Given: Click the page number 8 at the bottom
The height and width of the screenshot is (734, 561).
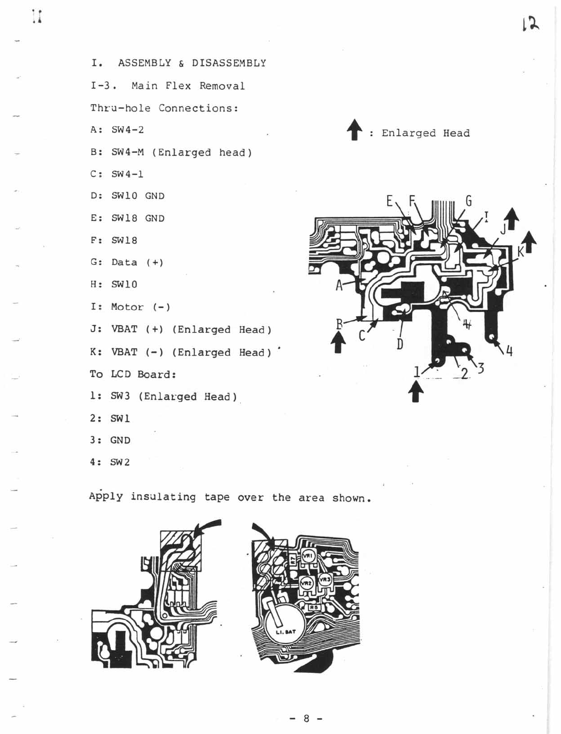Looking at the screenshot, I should point(306,719).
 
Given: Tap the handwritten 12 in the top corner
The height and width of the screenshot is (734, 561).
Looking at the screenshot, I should point(530,24).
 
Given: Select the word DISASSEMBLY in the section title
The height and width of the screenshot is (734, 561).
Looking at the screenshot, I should point(229,63).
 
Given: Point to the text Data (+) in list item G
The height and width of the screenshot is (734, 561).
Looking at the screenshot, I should point(137,262).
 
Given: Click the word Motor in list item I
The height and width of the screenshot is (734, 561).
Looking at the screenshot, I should point(127,307).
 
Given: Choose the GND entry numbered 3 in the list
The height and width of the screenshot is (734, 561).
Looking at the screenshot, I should point(120,440).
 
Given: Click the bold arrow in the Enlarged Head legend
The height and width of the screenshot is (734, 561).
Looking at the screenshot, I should point(355,130).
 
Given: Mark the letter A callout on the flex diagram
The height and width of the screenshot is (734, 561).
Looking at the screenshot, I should point(339,285).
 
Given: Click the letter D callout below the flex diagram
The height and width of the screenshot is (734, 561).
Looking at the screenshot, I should point(400,345).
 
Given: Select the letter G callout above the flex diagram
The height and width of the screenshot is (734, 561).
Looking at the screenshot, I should point(468,201).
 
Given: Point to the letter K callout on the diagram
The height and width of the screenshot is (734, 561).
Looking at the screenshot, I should point(521,253).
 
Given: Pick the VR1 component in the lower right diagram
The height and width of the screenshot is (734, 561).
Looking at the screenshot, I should point(308,556).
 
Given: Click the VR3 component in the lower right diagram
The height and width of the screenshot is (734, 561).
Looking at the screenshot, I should point(325,579).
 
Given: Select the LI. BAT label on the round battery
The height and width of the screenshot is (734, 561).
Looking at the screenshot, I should point(286,632).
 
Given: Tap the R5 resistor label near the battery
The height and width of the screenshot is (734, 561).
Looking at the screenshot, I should point(314,607).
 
